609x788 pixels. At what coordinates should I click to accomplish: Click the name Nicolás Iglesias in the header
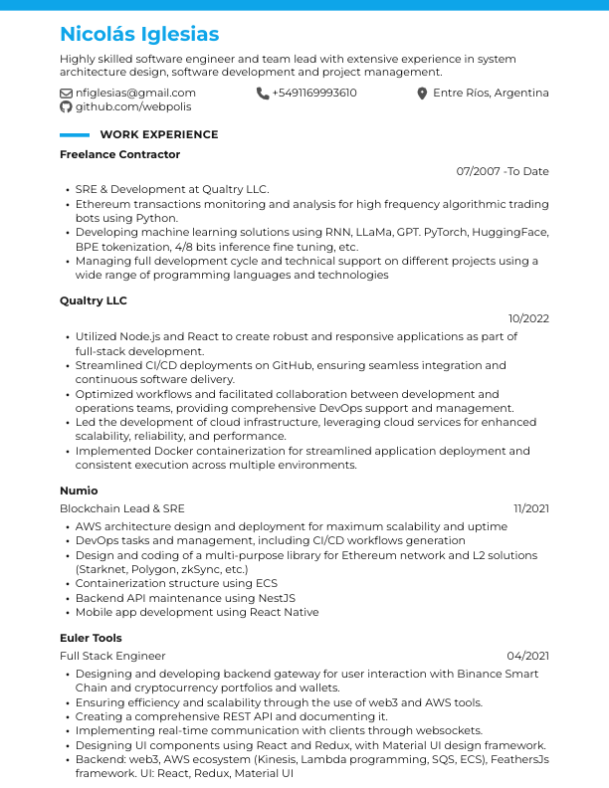[139, 35]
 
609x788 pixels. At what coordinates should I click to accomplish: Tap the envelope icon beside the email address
[67, 94]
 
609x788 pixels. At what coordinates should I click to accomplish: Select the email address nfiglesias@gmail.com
[135, 94]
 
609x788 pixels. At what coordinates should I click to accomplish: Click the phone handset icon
[263, 94]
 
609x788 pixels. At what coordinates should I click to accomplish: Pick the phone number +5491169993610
[313, 94]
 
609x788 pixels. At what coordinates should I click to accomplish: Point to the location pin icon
[422, 94]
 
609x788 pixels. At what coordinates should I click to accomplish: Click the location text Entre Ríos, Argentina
[491, 94]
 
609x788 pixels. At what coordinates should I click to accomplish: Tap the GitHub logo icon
[67, 106]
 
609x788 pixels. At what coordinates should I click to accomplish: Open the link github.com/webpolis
[133, 106]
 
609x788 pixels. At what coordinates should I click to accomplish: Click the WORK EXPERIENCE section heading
[159, 134]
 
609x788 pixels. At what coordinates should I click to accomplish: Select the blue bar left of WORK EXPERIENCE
[75, 134]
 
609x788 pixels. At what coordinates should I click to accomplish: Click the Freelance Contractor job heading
[119, 154]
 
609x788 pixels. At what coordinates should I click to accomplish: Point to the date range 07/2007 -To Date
[503, 171]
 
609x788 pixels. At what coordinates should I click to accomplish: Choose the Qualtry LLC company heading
[94, 300]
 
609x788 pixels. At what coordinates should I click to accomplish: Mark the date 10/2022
[528, 318]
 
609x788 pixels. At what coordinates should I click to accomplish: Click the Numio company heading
[79, 491]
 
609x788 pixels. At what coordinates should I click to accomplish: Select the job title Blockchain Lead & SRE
[122, 508]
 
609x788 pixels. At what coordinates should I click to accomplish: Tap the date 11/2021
[531, 508]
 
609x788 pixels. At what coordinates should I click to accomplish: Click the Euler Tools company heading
[91, 638]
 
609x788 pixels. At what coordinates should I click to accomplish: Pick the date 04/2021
[528, 656]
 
